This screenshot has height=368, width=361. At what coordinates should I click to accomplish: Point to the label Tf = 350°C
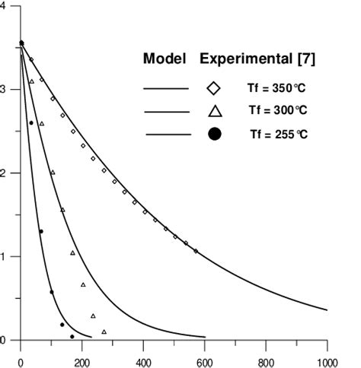[276, 88]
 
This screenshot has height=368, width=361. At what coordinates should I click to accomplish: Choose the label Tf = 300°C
[276, 111]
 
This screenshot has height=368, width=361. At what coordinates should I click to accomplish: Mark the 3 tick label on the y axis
[5, 90]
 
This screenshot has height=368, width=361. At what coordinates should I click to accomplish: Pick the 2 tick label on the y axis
[5, 173]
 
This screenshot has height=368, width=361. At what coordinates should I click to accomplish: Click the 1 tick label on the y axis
[5, 257]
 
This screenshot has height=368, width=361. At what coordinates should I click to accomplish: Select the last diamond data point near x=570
[196, 251]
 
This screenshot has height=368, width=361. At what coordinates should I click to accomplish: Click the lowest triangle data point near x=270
[104, 332]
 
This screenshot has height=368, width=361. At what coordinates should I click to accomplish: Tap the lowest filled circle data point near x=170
[72, 336]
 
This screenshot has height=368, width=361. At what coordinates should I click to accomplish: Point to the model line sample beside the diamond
[167, 88]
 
